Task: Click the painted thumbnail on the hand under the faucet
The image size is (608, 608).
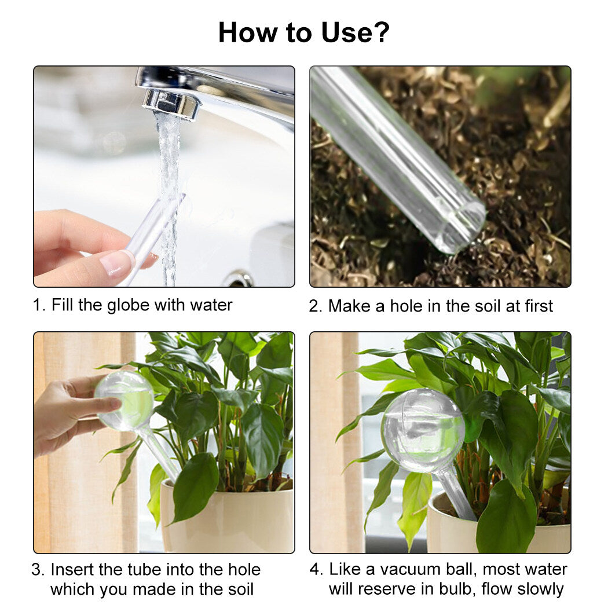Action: [117, 263]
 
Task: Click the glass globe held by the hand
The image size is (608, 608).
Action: [124, 401]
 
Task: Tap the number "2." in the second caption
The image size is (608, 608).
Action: [316, 306]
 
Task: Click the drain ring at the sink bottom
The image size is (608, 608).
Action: [238, 280]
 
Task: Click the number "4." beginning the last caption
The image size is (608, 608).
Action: [316, 569]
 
